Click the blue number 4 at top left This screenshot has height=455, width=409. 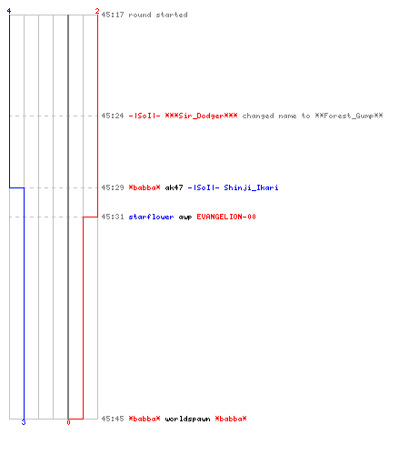point(9,11)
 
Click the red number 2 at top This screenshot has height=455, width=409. point(97,11)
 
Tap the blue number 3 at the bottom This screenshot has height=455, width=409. point(24,422)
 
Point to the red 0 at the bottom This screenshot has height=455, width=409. point(68,422)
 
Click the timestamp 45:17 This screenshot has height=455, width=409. point(113,15)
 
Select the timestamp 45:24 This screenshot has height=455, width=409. point(113,116)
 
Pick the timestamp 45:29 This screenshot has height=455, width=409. point(113,187)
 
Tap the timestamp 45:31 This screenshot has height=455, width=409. point(113,217)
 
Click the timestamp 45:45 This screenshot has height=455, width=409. point(113,419)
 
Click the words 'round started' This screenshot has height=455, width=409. point(158,15)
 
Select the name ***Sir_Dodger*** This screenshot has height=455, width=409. point(201,116)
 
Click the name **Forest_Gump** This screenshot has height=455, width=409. point(349,116)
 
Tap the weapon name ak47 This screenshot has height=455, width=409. point(174,187)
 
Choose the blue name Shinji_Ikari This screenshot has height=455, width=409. point(251,188)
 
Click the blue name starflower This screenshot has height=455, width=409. point(151,217)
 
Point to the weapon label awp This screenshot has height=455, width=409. point(185,217)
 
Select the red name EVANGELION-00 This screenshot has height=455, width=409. point(226,217)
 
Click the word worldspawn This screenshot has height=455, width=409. point(187,420)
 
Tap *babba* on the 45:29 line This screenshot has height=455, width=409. point(145,187)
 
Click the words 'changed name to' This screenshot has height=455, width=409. point(276,116)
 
